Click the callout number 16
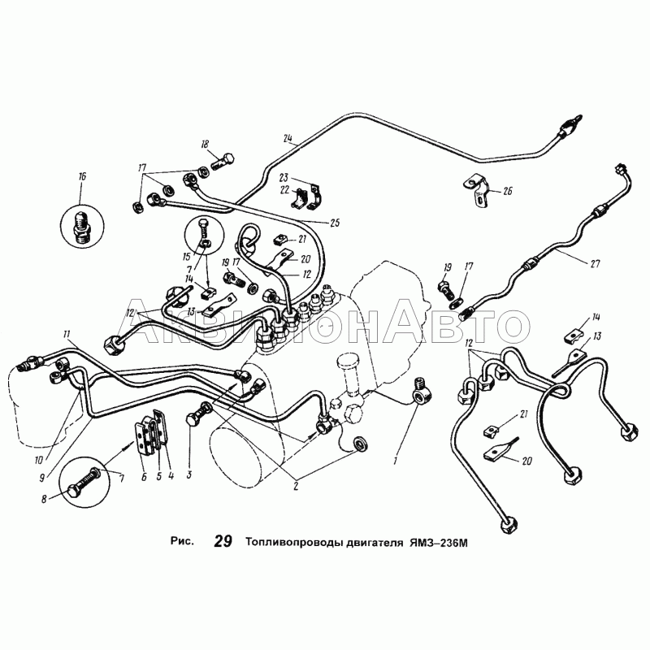(x=82, y=176)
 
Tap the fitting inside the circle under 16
(x=82, y=227)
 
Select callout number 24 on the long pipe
(x=288, y=138)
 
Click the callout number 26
(x=507, y=191)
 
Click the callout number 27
(x=595, y=262)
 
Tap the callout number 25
(x=335, y=223)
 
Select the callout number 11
(x=67, y=334)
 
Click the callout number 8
(x=45, y=500)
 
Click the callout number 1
(x=396, y=460)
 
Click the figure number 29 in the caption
(x=223, y=541)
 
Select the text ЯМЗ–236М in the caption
(x=439, y=542)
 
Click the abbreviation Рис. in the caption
(x=182, y=541)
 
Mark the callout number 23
(x=284, y=177)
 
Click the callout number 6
(x=144, y=477)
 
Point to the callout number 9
(x=42, y=478)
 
